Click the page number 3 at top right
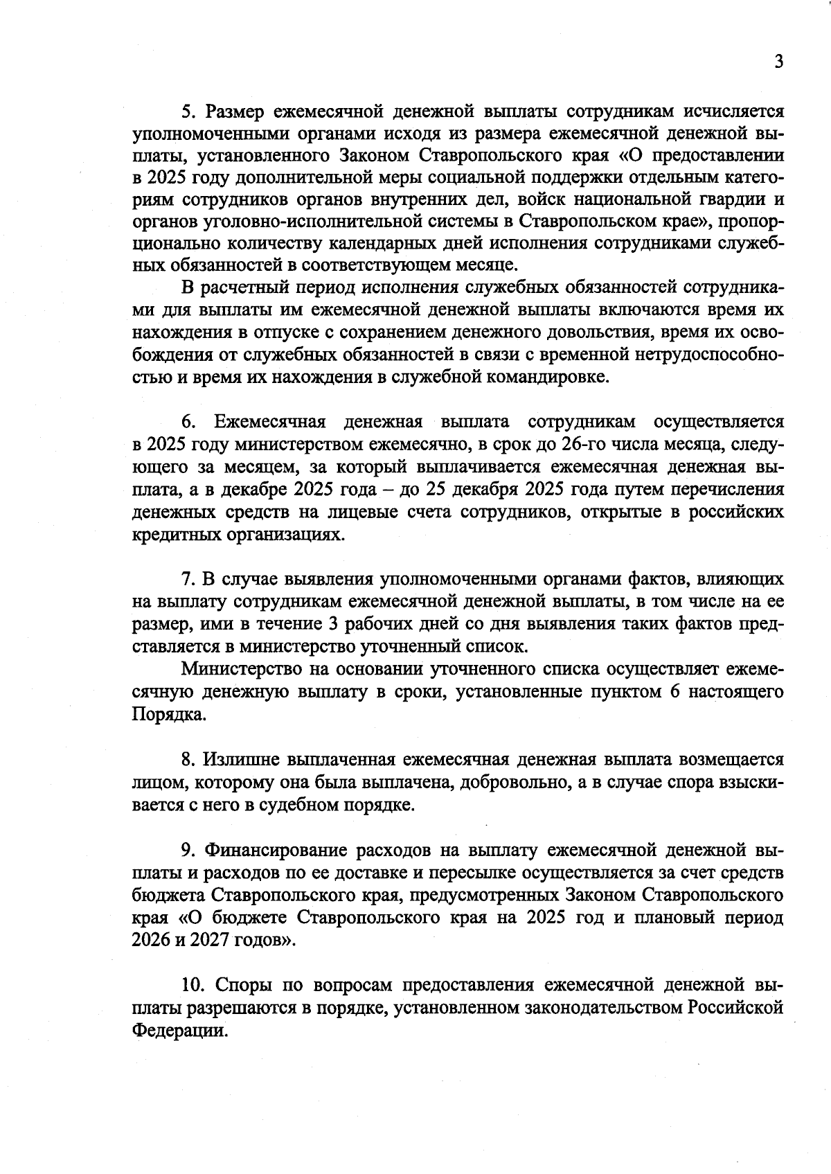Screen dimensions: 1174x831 click(x=778, y=62)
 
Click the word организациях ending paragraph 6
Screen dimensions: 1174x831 click(x=285, y=534)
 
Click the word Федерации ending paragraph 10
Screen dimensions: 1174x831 click(x=179, y=1029)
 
